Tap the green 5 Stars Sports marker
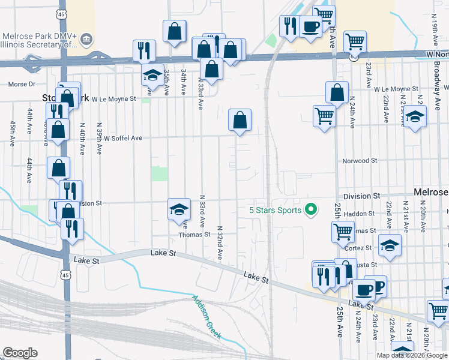(x=310, y=210)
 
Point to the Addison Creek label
(x=206, y=317)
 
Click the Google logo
(x=20, y=353)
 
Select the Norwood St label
(x=360, y=161)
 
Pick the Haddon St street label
(x=360, y=213)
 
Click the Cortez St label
(x=362, y=247)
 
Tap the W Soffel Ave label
(x=122, y=138)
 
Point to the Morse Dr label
(x=22, y=84)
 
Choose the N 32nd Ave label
(x=220, y=242)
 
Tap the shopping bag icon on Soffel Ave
(x=240, y=120)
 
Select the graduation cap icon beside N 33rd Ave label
(x=179, y=209)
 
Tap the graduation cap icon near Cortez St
(x=390, y=245)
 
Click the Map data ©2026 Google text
(x=412, y=355)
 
